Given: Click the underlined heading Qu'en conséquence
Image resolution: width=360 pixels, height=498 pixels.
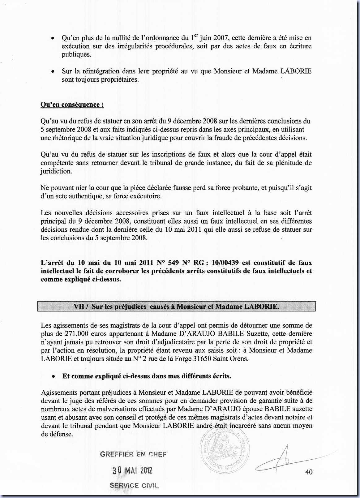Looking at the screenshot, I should (72, 105).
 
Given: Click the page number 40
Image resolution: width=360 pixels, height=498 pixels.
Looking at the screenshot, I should (308, 472).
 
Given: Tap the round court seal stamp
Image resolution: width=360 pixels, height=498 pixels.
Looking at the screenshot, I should (226, 449).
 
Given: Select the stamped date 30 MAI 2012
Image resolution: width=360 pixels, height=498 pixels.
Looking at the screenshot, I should (133, 470).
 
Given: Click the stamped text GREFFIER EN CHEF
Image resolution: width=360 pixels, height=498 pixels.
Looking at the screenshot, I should (133, 454).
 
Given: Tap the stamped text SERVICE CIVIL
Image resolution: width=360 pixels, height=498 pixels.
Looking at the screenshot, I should (134, 486).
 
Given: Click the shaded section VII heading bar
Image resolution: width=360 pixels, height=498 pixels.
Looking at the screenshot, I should (176, 307).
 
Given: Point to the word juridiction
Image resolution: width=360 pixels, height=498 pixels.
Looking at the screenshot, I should (56, 171).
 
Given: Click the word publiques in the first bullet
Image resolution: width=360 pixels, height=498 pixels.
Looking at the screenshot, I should (76, 55).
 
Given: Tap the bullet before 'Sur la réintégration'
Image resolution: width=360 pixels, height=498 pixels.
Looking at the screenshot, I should (53, 71).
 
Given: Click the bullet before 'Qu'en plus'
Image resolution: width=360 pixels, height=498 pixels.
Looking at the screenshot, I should (53, 38).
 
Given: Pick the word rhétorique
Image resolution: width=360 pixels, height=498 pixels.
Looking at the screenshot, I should (66, 138).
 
